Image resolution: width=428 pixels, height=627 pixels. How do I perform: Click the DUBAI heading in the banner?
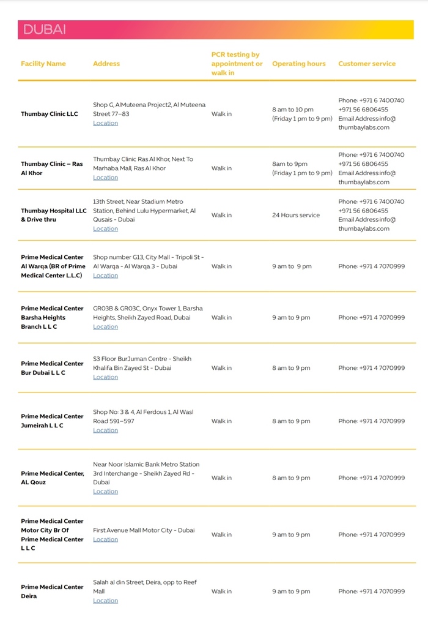[45, 29]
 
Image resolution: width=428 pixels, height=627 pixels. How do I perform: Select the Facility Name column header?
[43, 64]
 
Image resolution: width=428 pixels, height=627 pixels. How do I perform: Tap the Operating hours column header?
[298, 64]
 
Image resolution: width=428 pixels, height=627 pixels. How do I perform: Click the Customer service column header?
[367, 64]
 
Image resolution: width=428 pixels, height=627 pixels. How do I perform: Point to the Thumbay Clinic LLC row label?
[50, 114]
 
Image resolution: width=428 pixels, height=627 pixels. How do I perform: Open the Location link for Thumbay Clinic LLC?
[105, 123]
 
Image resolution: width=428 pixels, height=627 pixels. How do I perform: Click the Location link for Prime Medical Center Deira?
[105, 601]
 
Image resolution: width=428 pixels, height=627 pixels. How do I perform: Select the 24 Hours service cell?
[296, 216]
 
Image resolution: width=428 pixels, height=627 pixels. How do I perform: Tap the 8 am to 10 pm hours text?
[293, 110]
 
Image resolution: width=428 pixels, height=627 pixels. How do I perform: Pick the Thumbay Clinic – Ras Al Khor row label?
[52, 168]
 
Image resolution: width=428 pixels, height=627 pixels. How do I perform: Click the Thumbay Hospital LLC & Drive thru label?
[54, 215]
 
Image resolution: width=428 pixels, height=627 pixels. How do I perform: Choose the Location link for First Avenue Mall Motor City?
[105, 539]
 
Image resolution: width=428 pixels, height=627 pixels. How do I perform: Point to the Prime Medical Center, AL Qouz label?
[53, 478]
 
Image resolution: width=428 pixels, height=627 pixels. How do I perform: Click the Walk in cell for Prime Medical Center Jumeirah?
[221, 421]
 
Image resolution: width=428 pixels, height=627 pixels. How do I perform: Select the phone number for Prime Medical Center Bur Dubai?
[371, 368]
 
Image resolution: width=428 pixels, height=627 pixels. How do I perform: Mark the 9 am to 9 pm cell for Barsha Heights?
[291, 318]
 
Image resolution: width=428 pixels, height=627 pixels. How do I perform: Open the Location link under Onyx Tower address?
[105, 327]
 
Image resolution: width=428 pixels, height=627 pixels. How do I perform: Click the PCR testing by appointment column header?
[237, 64]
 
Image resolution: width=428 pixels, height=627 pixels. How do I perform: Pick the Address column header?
[106, 64]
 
